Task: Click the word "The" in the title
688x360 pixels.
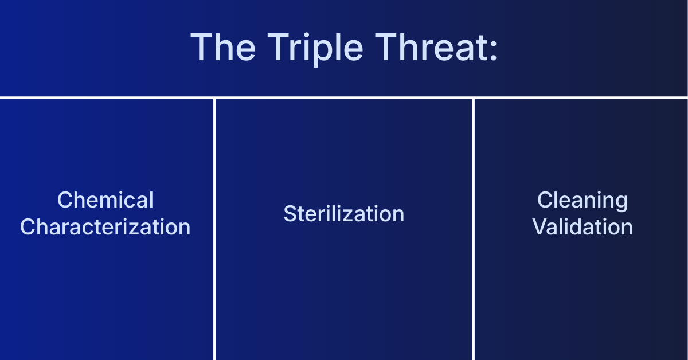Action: point(219,48)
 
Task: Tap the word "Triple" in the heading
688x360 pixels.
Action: point(304,48)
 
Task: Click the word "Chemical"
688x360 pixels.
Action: point(105,201)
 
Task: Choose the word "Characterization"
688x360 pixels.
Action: point(105,227)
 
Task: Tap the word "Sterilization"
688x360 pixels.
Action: point(344,214)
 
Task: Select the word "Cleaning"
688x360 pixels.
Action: point(583,201)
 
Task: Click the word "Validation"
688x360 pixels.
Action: point(583,227)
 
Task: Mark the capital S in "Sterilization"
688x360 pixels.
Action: point(290,214)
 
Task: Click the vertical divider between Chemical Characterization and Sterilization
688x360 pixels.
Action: point(214,258)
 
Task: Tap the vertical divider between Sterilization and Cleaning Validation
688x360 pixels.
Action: point(474,258)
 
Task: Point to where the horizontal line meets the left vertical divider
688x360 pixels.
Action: point(214,97)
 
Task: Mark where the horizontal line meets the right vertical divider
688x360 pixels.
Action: point(474,97)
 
